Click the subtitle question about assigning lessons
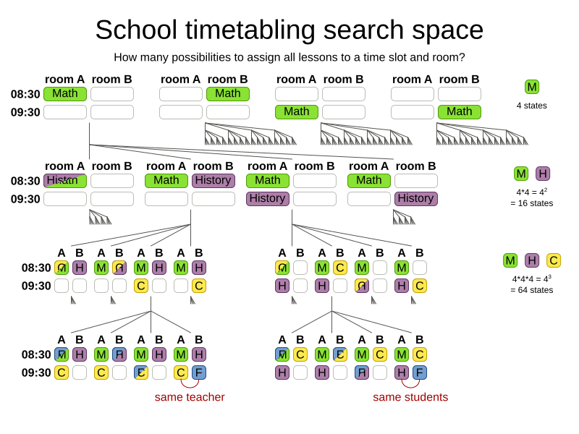coord(289,57)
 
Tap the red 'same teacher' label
coord(190,397)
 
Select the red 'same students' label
coord(410,397)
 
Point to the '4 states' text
coord(532,106)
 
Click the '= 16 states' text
coord(532,203)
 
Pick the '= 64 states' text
coord(532,290)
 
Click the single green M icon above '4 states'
coord(532,87)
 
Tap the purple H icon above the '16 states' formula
coord(543,174)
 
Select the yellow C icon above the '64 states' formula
coord(554,260)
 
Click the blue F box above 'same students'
coord(420,373)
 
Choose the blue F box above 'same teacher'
coord(199,373)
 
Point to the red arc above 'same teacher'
coord(190,384)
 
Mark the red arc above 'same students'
coord(410,384)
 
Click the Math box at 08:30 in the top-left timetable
coord(65,94)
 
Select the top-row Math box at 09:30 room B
coord(460,112)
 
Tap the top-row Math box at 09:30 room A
coord(297,112)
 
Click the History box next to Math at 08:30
coord(214,181)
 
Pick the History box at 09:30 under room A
coord(268,199)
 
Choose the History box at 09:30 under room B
coord(416,199)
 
